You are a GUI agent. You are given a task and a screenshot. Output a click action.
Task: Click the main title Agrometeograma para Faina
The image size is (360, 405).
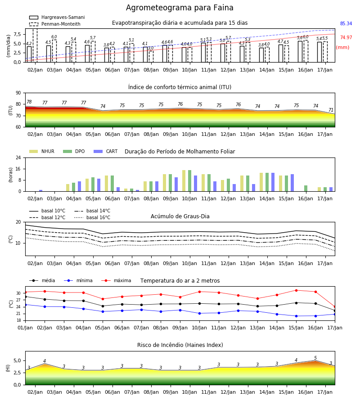pos(180,8)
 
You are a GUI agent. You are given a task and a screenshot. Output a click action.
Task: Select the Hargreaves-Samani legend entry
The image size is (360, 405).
pos(57,17)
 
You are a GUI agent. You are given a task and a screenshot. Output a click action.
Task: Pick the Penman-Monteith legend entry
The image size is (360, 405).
pos(55,24)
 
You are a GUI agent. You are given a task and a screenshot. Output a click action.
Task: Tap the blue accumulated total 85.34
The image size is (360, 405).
pos(346,23)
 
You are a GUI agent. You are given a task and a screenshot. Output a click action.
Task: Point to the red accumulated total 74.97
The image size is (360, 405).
pos(346,37)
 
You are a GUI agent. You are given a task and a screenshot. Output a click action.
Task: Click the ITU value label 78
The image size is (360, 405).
pos(29,102)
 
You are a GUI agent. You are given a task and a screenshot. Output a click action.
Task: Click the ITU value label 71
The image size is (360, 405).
pos(331,110)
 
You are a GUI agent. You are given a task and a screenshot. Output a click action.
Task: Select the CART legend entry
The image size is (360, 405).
pos(105,151)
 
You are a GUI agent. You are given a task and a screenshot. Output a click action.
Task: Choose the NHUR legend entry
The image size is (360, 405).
pos(41,151)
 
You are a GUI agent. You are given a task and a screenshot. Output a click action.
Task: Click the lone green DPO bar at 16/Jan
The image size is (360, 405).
pos(306,188)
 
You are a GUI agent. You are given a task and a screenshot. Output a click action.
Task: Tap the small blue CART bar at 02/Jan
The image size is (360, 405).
pos(41,191)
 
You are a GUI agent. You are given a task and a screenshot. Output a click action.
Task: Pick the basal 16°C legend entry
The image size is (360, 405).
pos(92,217)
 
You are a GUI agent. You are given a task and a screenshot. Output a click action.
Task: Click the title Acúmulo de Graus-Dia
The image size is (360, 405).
pos(180,216)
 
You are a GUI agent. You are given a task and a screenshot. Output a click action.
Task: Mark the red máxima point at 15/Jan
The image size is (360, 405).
pos(296,290)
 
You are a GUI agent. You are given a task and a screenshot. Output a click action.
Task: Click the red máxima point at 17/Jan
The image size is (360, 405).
pos(335,307)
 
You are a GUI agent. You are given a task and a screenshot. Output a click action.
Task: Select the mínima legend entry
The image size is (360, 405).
pos(78,280)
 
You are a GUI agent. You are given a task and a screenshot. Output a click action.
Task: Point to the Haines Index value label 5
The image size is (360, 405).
pos(315,358)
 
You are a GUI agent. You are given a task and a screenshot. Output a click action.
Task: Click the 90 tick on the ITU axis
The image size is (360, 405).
pos(18,93)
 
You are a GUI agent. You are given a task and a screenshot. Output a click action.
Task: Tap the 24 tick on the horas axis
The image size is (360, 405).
pos(18,157)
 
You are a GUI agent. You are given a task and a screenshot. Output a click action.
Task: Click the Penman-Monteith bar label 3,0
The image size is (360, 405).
pos(151,48)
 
